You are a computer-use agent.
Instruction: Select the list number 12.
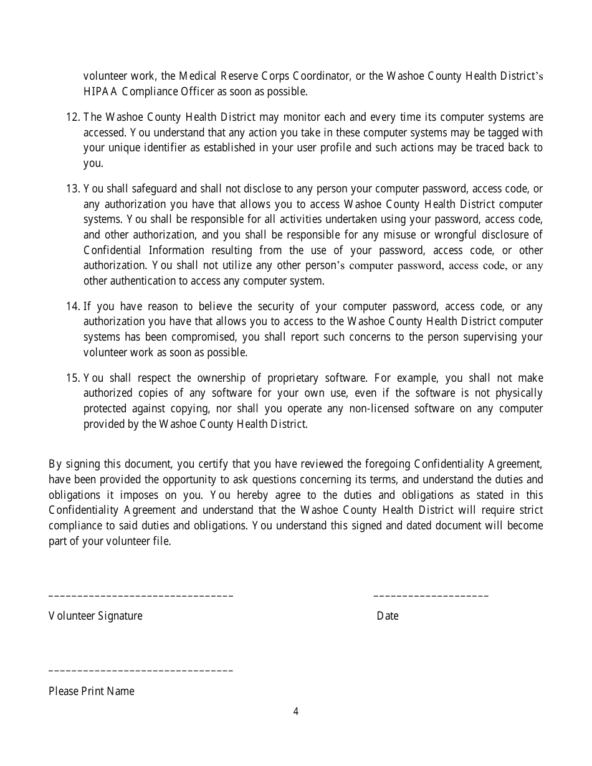(x=72, y=117)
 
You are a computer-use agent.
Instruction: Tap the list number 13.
(x=72, y=189)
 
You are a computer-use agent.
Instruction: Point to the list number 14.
(x=72, y=306)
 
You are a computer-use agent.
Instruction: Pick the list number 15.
(x=72, y=378)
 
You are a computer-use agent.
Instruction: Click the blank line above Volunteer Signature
(x=141, y=597)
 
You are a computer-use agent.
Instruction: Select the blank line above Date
(x=431, y=597)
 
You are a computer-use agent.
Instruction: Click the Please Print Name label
(x=92, y=691)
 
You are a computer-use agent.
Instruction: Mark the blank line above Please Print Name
(x=141, y=671)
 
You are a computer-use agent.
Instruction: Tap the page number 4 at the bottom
(x=296, y=712)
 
